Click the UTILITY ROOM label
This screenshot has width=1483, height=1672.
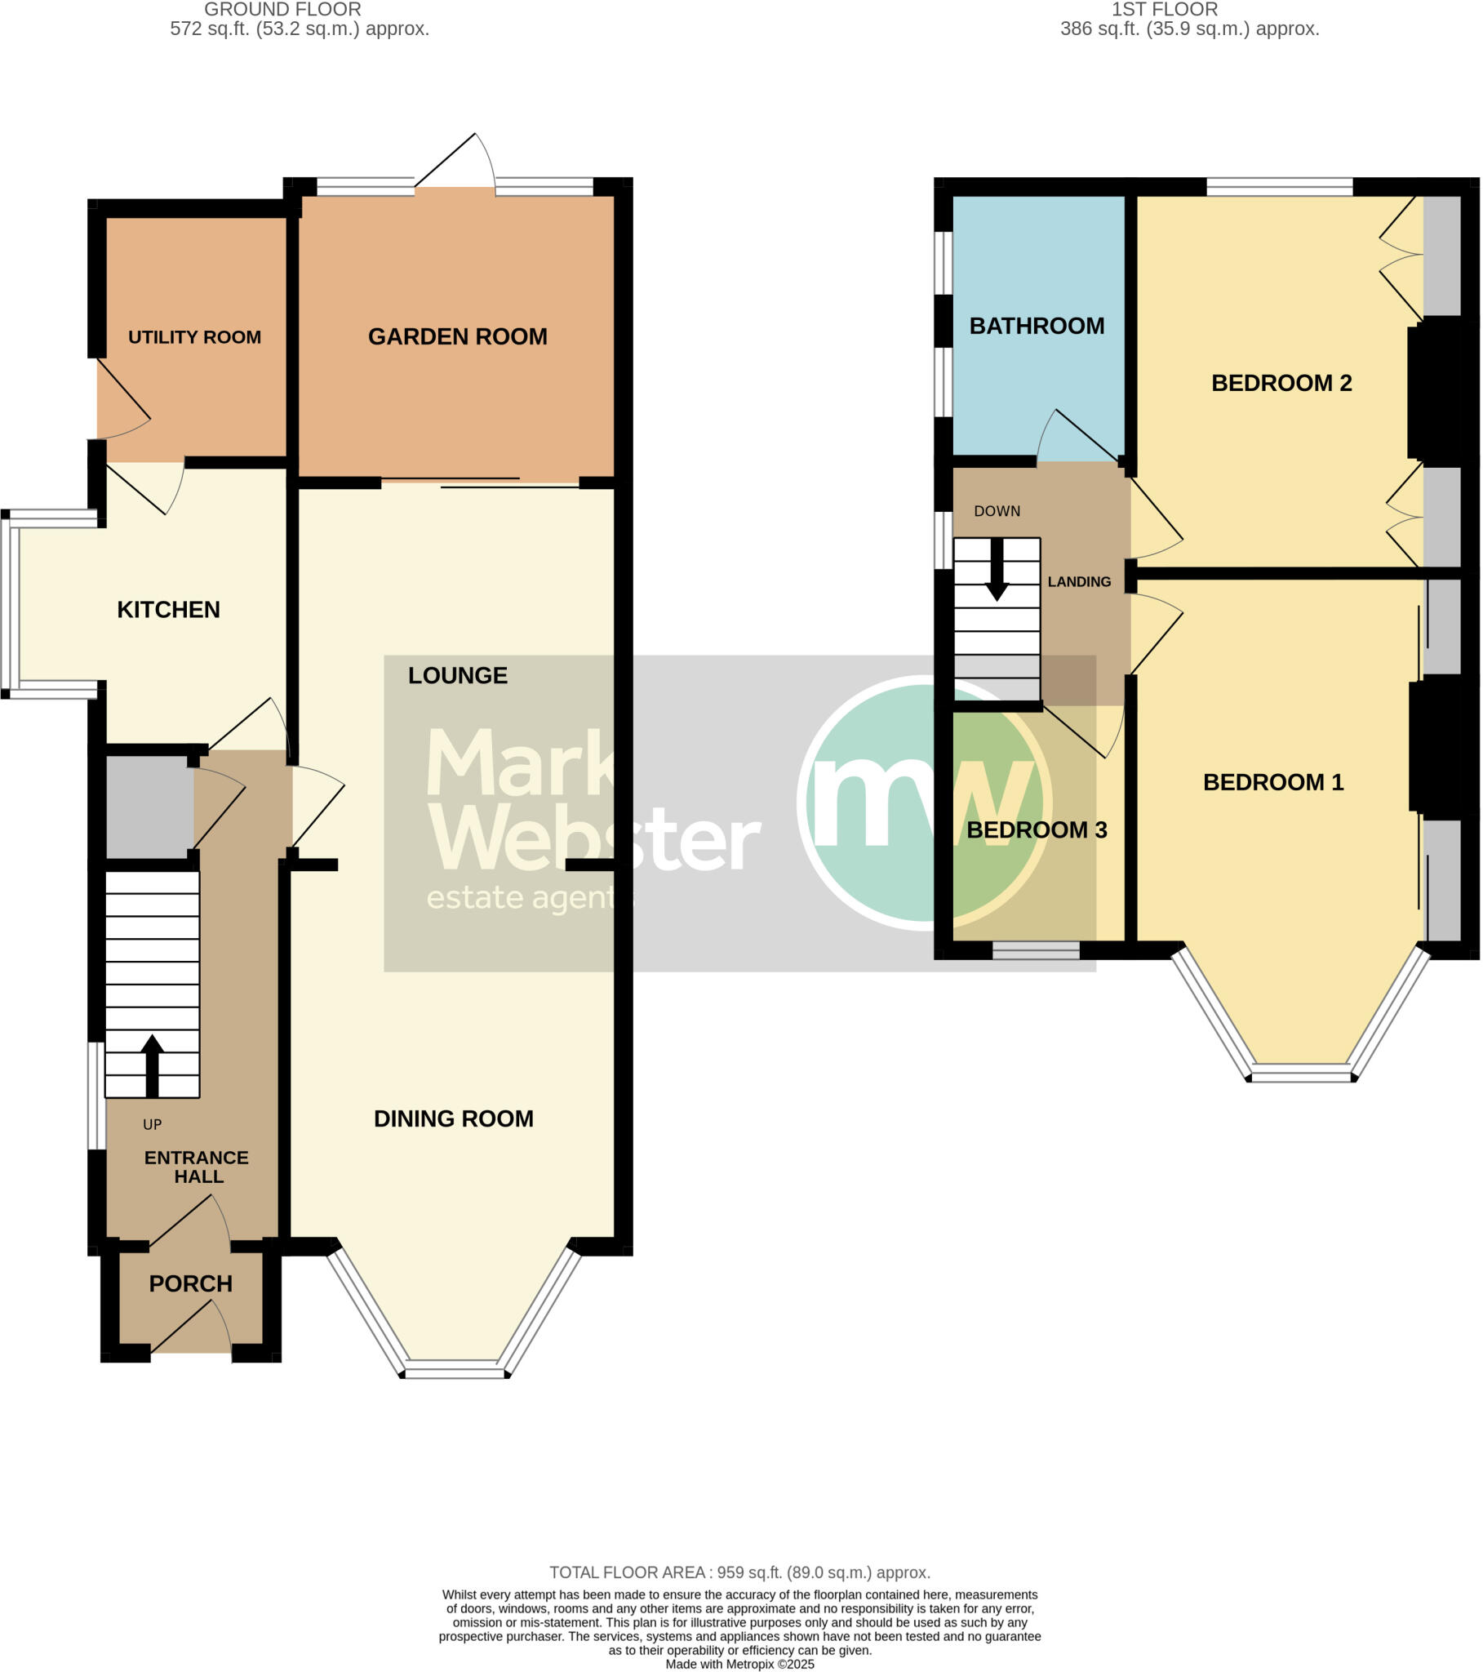194,337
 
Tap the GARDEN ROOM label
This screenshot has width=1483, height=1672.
457,336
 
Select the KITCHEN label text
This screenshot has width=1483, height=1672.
168,609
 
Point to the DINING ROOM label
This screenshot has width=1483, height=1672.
453,1118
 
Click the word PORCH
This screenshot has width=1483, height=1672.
191,1283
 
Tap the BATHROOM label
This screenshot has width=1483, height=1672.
1037,326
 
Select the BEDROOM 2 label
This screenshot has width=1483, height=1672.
1281,383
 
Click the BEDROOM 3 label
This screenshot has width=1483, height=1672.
1037,829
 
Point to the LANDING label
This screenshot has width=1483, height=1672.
1079,581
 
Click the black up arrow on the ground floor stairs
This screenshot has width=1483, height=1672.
152,1065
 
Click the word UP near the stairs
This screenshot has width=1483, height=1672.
152,1125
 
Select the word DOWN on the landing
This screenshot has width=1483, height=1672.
997,511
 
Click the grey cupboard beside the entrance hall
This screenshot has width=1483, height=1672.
149,807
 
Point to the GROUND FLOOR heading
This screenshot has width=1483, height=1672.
282,10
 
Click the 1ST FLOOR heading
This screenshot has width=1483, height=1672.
1164,10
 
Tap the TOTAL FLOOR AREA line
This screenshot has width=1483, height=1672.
739,1572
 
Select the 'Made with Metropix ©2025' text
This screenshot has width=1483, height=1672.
739,1664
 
